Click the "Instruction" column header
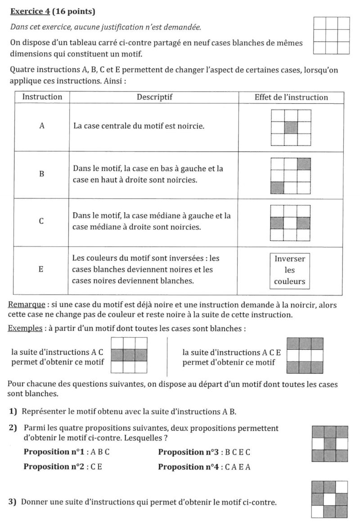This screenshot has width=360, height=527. pyautogui.click(x=42, y=97)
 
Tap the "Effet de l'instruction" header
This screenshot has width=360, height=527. pyautogui.click(x=291, y=97)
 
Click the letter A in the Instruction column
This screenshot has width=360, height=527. pyautogui.click(x=42, y=126)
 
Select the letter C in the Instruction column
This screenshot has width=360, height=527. pyautogui.click(x=42, y=222)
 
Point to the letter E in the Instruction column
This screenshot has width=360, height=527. pyautogui.click(x=42, y=270)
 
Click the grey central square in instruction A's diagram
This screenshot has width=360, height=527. pyautogui.click(x=291, y=127)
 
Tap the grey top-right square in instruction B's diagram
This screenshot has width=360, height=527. pyautogui.click(x=304, y=163)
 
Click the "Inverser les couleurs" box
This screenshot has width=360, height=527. pyautogui.click(x=290, y=270)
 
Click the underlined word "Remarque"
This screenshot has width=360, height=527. pyautogui.click(x=26, y=305)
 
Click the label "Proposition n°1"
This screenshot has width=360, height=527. pyautogui.click(x=52, y=452)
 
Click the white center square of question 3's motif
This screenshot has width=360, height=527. pyautogui.click(x=330, y=499)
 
